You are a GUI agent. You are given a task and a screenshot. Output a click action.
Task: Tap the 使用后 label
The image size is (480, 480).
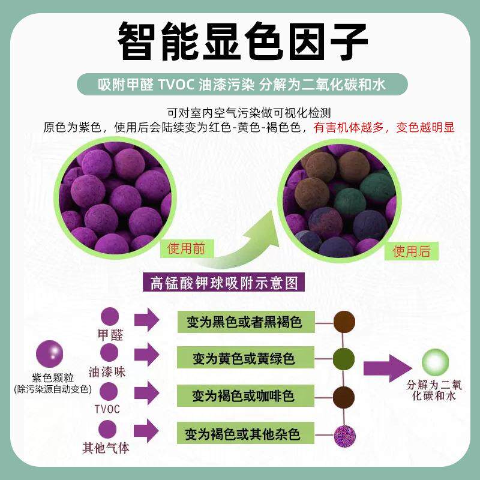click(411, 251)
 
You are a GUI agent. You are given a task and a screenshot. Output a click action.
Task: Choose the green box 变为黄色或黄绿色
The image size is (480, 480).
click(244, 359)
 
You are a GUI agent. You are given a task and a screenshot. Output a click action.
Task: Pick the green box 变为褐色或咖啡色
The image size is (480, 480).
click(244, 396)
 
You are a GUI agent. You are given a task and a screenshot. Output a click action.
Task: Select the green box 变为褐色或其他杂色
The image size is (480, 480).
click(244, 433)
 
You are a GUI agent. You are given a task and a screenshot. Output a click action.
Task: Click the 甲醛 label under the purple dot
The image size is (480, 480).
click(110, 335)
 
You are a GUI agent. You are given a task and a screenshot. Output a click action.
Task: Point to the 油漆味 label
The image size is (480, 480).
click(106, 371)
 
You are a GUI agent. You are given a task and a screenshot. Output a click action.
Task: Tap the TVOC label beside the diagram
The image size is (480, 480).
click(107, 409)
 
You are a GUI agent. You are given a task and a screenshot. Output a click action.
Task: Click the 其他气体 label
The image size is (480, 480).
click(106, 448)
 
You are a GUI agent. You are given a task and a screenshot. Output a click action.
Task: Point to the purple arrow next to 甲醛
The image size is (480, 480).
click(146, 320)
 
